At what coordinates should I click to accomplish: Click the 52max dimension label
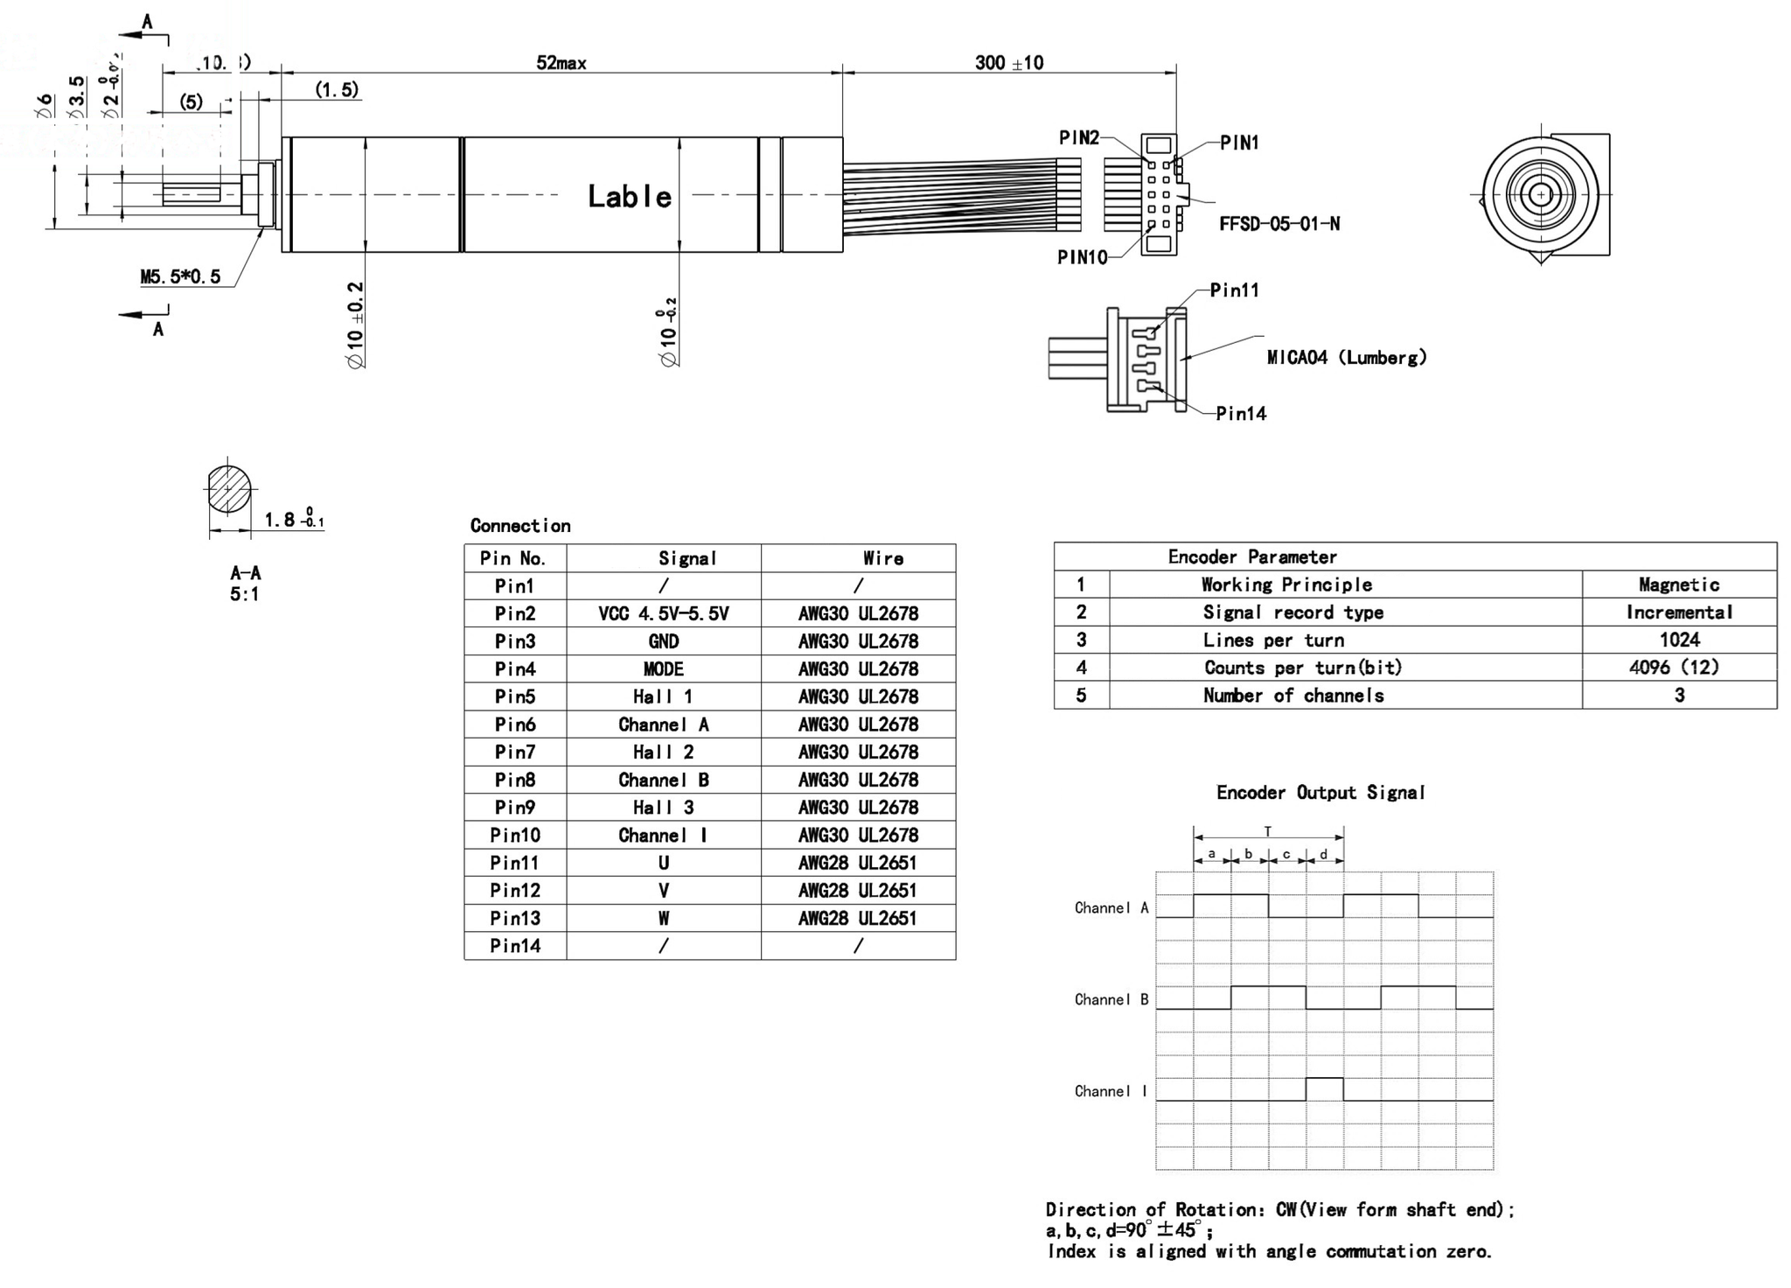pyautogui.click(x=561, y=63)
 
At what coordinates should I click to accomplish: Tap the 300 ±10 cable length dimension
pyautogui.click(x=1008, y=63)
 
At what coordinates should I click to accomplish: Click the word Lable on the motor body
pyautogui.click(x=629, y=197)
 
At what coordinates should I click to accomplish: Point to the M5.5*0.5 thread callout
pyautogui.click(x=180, y=276)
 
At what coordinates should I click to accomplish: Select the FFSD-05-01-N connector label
pyautogui.click(x=1279, y=224)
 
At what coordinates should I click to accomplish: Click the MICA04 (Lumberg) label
pyautogui.click(x=1346, y=357)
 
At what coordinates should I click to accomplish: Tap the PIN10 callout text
pyautogui.click(x=1082, y=257)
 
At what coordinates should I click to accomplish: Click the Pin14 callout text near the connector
pyautogui.click(x=1240, y=414)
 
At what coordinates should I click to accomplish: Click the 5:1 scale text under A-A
pyautogui.click(x=244, y=594)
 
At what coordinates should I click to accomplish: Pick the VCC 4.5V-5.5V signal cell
pyautogui.click(x=663, y=613)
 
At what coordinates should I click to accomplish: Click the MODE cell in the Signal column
pyautogui.click(x=663, y=669)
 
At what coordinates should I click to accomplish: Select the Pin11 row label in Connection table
pyautogui.click(x=514, y=863)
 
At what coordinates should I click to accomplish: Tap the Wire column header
pyautogui.click(x=882, y=558)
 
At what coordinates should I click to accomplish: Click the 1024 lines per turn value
pyautogui.click(x=1678, y=640)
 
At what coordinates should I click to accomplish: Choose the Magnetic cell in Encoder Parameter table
pyautogui.click(x=1678, y=584)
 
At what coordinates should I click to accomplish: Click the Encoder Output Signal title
pyautogui.click(x=1320, y=793)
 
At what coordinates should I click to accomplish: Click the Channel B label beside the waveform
pyautogui.click(x=1111, y=999)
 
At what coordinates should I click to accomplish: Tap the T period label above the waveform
pyautogui.click(x=1267, y=832)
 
